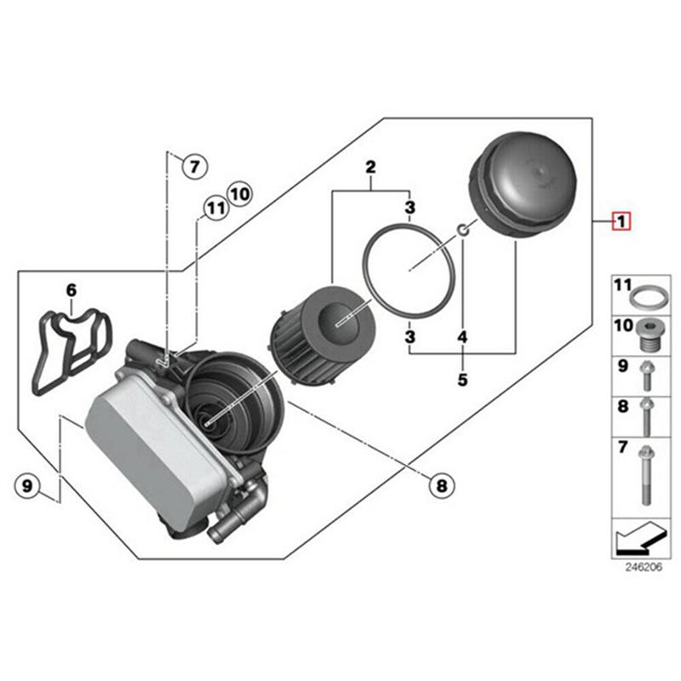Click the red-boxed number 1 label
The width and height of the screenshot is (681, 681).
tap(621, 223)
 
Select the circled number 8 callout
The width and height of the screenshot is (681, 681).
tap(440, 486)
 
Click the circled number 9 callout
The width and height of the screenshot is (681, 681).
tap(27, 486)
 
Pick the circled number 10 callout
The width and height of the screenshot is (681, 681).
tap(239, 193)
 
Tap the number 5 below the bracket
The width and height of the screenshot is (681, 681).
tap(462, 380)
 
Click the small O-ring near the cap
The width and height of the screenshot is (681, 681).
tap(461, 230)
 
